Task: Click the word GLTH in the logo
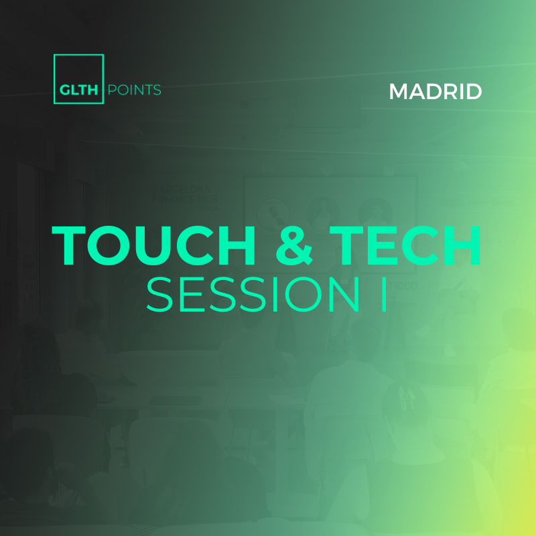(x=78, y=90)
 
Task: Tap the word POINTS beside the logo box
(x=134, y=90)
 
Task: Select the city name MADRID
(x=435, y=92)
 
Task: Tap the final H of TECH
(x=462, y=246)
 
